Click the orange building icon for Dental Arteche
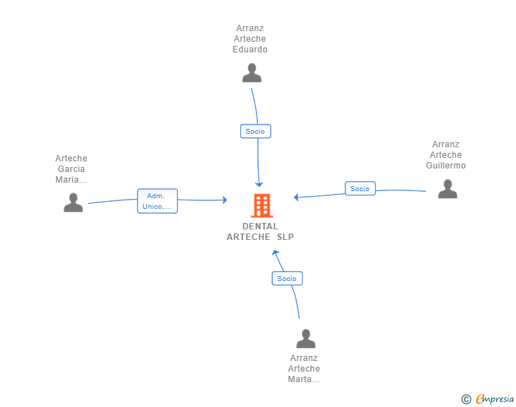[x=261, y=205]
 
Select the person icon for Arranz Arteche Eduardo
[x=252, y=73]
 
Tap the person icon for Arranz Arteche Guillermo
[x=447, y=189]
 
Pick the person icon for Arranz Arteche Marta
[x=305, y=338]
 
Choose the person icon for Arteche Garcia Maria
[x=73, y=203]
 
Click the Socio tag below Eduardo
[x=255, y=131]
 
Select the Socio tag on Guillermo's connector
[x=360, y=188]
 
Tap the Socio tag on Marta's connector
[x=287, y=278]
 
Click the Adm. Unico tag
[x=157, y=201]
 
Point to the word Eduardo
[x=250, y=50]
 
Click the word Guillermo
[x=446, y=166]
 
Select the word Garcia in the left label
[x=72, y=169]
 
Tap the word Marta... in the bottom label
[x=304, y=379]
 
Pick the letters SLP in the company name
[x=285, y=237]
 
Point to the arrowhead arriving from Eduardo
[x=259, y=183]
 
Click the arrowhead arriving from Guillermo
[x=297, y=197]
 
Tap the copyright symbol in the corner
[x=466, y=399]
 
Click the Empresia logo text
[x=494, y=399]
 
